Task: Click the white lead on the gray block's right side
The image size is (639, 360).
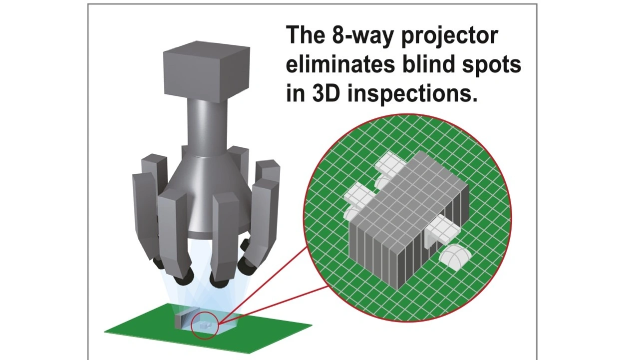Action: click(x=442, y=227)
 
